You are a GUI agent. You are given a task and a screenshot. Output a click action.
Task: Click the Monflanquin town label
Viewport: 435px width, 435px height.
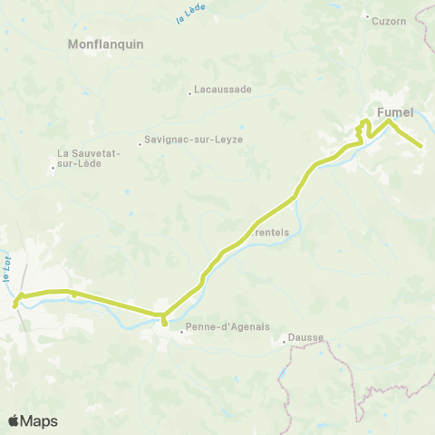pyautogui.click(x=107, y=43)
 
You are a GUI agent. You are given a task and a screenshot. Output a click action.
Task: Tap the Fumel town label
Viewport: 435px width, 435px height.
pyautogui.click(x=395, y=112)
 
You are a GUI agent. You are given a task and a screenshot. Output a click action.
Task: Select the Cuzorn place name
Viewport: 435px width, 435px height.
pyautogui.click(x=390, y=20)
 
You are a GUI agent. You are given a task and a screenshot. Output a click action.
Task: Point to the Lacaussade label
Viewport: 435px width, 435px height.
pyautogui.click(x=222, y=91)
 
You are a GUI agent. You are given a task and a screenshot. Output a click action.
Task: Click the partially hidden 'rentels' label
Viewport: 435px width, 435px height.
pyautogui.click(x=273, y=231)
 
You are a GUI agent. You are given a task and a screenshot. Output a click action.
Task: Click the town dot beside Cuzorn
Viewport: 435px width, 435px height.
pyautogui.click(x=366, y=16)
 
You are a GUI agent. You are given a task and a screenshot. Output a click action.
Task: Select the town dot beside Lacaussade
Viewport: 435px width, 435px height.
pyautogui.click(x=189, y=91)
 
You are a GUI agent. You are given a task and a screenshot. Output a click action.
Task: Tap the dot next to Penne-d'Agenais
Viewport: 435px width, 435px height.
pyautogui.click(x=181, y=331)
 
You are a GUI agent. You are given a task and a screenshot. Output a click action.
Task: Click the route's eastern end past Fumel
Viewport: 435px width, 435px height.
pyautogui.click(x=421, y=146)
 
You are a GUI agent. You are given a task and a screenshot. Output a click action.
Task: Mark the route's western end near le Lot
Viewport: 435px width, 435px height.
pyautogui.click(x=15, y=306)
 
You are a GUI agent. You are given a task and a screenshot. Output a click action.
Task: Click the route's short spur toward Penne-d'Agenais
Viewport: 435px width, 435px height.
pyautogui.click(x=164, y=321)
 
